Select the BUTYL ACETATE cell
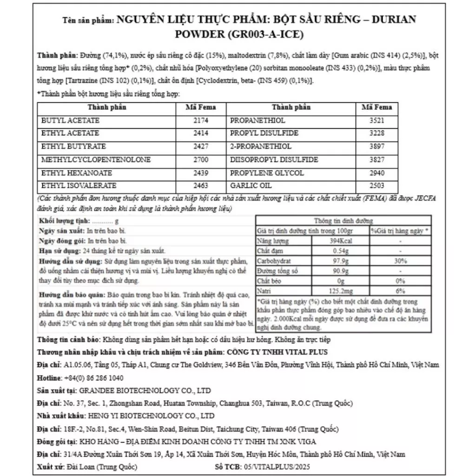[71, 120]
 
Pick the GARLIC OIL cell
[250, 186]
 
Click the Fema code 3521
[377, 120]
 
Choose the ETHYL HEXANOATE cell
[77, 173]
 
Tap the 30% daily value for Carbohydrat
[400, 261]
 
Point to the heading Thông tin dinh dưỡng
[344, 221]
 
